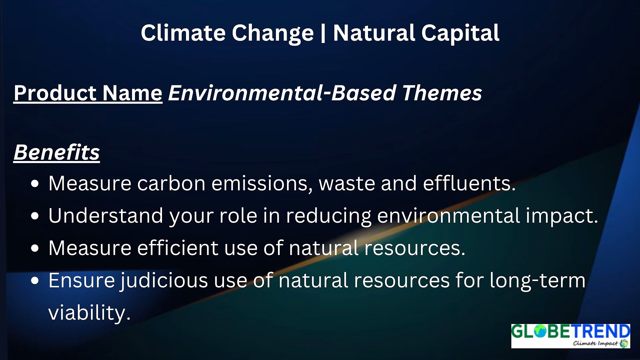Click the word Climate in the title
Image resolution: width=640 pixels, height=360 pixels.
pos(183,33)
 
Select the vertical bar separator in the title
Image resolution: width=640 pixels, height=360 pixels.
pos(323,33)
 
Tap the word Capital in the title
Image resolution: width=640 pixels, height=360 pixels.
pos(460,33)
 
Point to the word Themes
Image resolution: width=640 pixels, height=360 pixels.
pos(442,93)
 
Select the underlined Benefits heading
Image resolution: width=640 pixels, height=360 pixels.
pos(57,153)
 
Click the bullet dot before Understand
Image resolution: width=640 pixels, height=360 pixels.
pos(35,216)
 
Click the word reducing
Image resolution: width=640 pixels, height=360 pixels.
pos(329,216)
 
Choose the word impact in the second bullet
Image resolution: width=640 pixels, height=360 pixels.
pos(562,216)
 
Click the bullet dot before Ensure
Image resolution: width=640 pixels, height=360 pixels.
pos(35,281)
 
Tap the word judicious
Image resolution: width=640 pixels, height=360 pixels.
pos(164,281)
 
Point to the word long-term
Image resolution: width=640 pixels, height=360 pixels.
pos(537,281)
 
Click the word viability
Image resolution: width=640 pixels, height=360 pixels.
pos(89,313)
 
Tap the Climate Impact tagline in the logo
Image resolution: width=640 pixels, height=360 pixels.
pos(595,343)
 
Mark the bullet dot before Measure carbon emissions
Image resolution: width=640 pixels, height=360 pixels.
pos(35,184)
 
